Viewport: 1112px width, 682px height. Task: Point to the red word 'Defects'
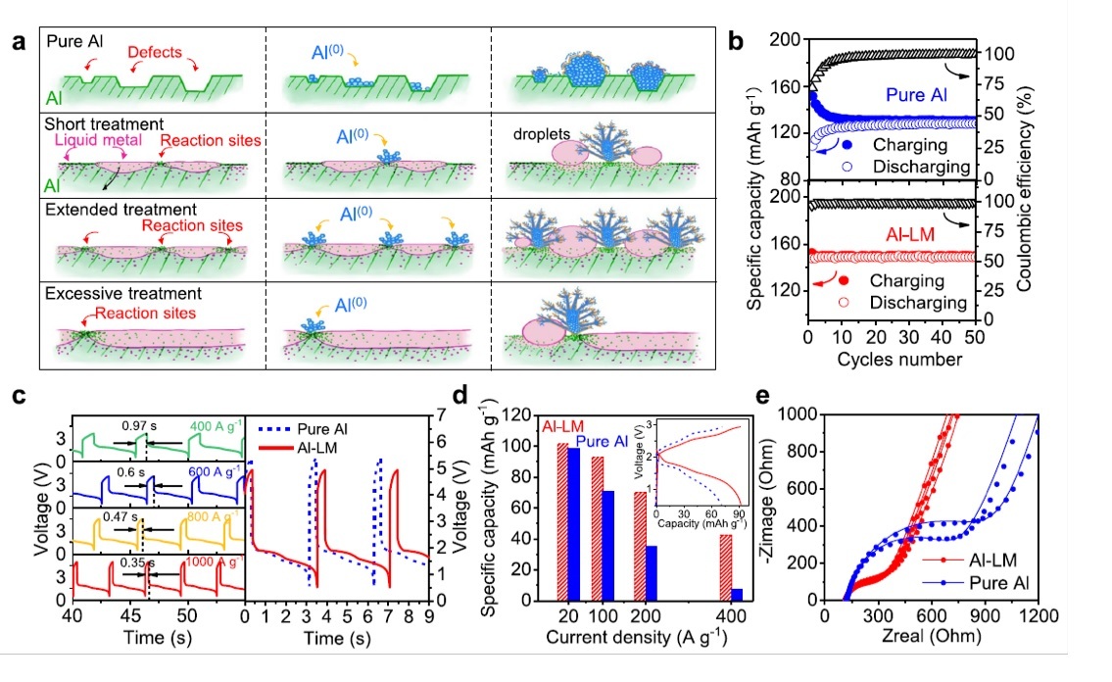(154, 53)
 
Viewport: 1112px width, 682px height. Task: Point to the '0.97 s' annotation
(139, 426)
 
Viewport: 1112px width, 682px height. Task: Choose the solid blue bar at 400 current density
(736, 594)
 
